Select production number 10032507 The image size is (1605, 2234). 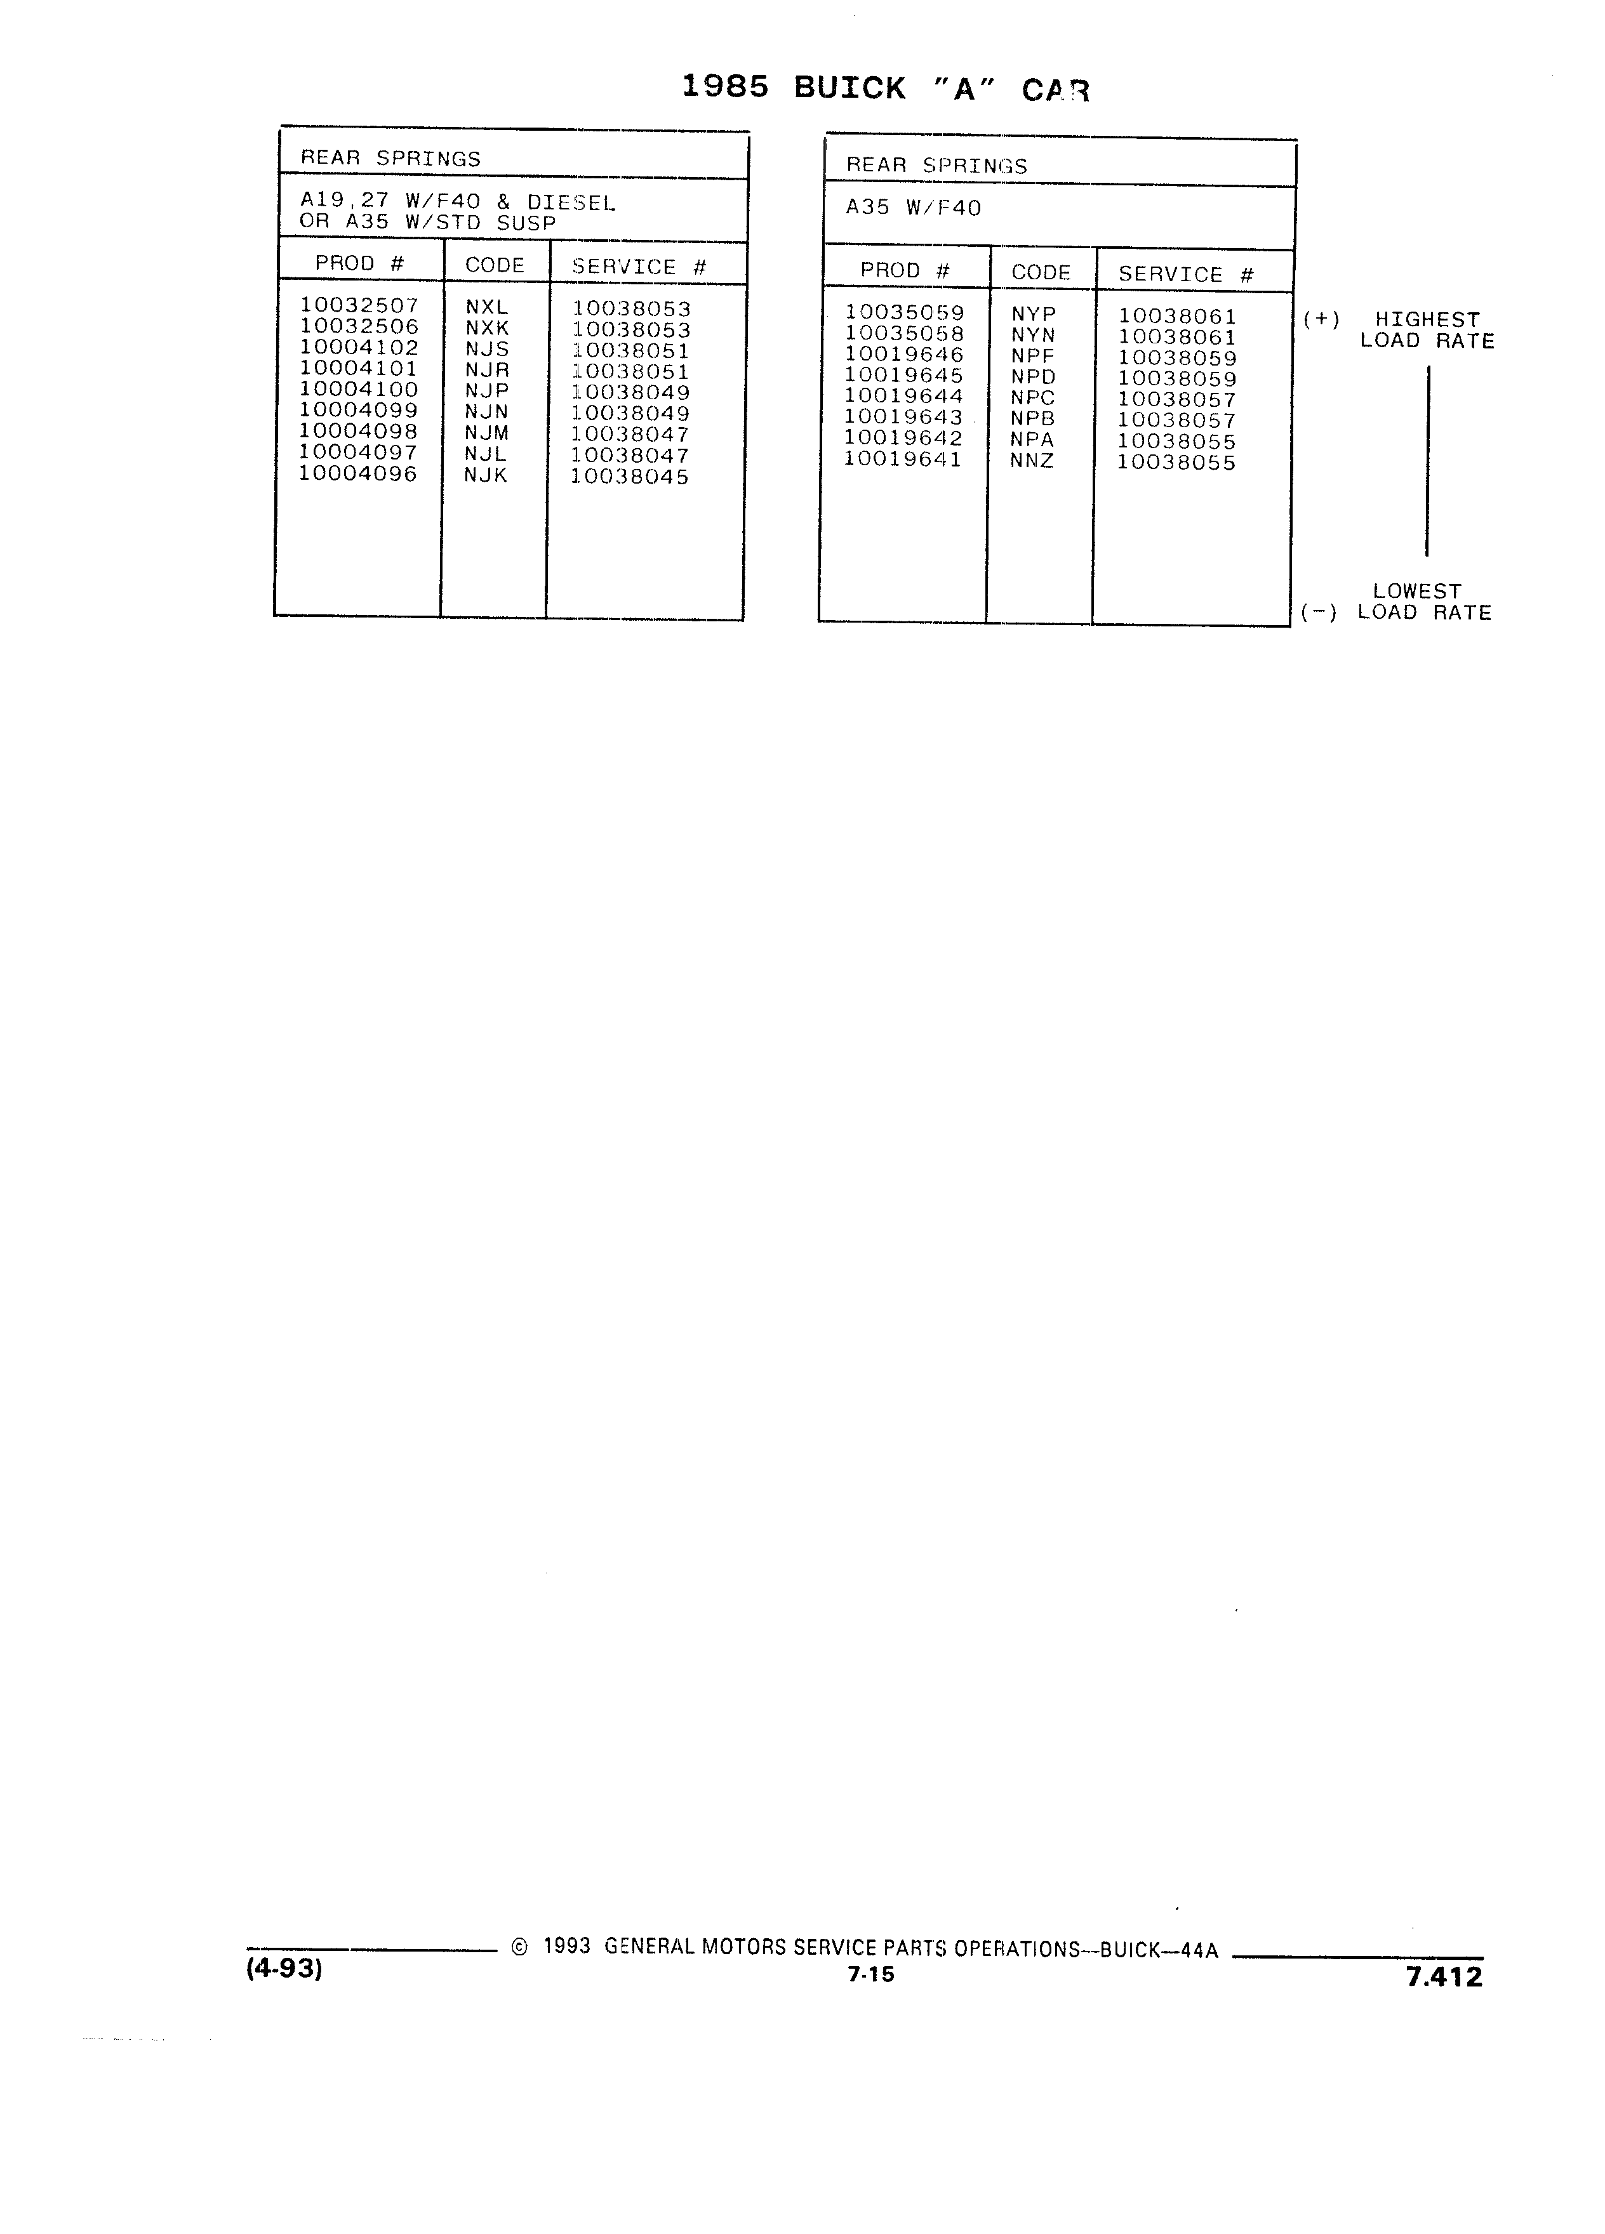pos(359,305)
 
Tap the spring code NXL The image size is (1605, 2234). pos(487,307)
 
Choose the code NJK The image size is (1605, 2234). pos(486,475)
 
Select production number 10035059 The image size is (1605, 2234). pos(905,314)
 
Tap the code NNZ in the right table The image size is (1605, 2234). pos(1032,460)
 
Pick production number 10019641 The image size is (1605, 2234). pos(903,459)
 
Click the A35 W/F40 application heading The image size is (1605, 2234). pos(914,208)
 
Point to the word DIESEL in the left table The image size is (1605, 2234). pos(571,203)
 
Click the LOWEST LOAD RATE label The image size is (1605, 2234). pos(1425,602)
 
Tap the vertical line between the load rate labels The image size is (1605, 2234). pos(1428,461)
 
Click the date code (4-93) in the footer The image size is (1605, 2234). pos(284,1968)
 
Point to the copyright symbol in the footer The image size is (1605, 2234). pos(520,1947)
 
